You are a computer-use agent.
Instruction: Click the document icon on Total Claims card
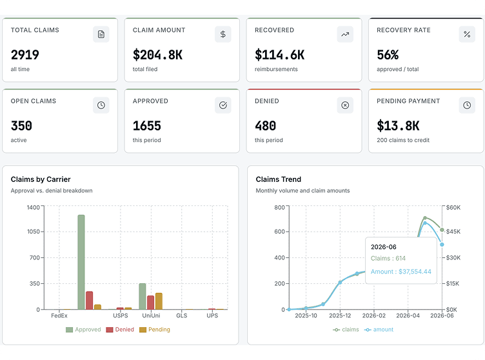point(101,34)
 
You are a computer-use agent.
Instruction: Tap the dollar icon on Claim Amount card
point(223,34)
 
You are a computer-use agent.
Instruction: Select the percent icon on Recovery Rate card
point(467,34)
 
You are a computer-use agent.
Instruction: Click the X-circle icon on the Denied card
point(345,105)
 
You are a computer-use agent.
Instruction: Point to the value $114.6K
point(280,55)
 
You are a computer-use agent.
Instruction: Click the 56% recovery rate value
point(388,55)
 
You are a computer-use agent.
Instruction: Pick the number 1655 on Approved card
point(147,126)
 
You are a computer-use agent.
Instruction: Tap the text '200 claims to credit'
point(403,140)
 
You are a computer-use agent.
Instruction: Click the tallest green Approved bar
point(81,262)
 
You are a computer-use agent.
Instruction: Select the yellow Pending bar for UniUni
point(159,301)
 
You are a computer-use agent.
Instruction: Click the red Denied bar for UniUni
point(151,303)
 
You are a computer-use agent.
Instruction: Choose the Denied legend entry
point(120,330)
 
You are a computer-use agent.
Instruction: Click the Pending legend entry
point(155,330)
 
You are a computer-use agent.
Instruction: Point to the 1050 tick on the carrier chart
point(34,232)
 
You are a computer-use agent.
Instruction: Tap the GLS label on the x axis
point(182,315)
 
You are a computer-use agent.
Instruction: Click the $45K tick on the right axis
point(453,232)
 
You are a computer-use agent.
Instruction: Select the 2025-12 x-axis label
point(340,315)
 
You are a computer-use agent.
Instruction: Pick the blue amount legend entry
point(379,330)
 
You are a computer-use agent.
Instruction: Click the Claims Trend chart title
point(279,179)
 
